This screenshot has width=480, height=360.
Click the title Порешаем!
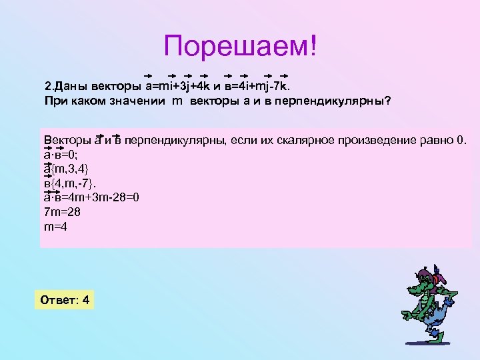(241, 47)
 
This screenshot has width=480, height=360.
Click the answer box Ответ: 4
(65, 300)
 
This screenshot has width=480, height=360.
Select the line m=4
(55, 227)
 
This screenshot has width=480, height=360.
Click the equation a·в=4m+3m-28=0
(91, 197)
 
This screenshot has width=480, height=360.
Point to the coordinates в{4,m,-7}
(68, 183)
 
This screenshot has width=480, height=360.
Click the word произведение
(373, 139)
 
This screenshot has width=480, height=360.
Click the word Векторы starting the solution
(65, 139)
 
